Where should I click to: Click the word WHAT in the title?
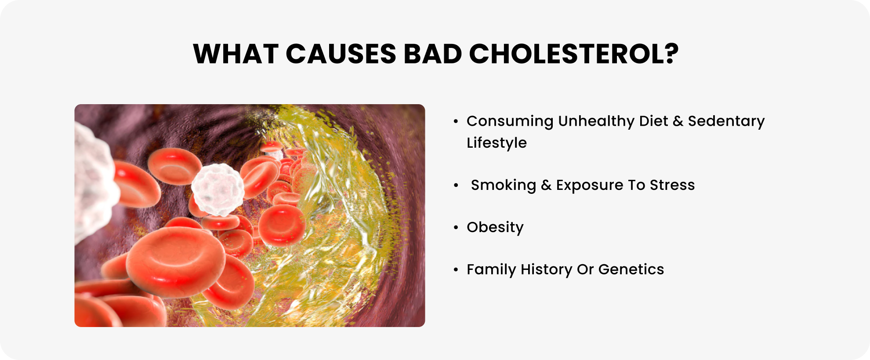coord(236,54)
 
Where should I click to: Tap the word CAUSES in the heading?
coord(341,54)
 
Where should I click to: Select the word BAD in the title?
coord(433,54)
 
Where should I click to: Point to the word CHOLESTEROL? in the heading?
coord(574,54)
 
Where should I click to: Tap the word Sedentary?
coord(726,122)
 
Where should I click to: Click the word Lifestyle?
coord(497,143)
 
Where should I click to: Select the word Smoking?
coord(504,185)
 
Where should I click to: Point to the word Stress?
coord(672,185)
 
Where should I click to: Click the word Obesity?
coord(495,228)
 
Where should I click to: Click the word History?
coord(546,270)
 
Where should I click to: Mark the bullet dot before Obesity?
coord(456,227)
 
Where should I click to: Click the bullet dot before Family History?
coord(456,269)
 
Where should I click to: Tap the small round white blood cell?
coord(217,189)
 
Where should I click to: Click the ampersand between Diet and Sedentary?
coord(678,121)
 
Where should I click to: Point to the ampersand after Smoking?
coord(546,185)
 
